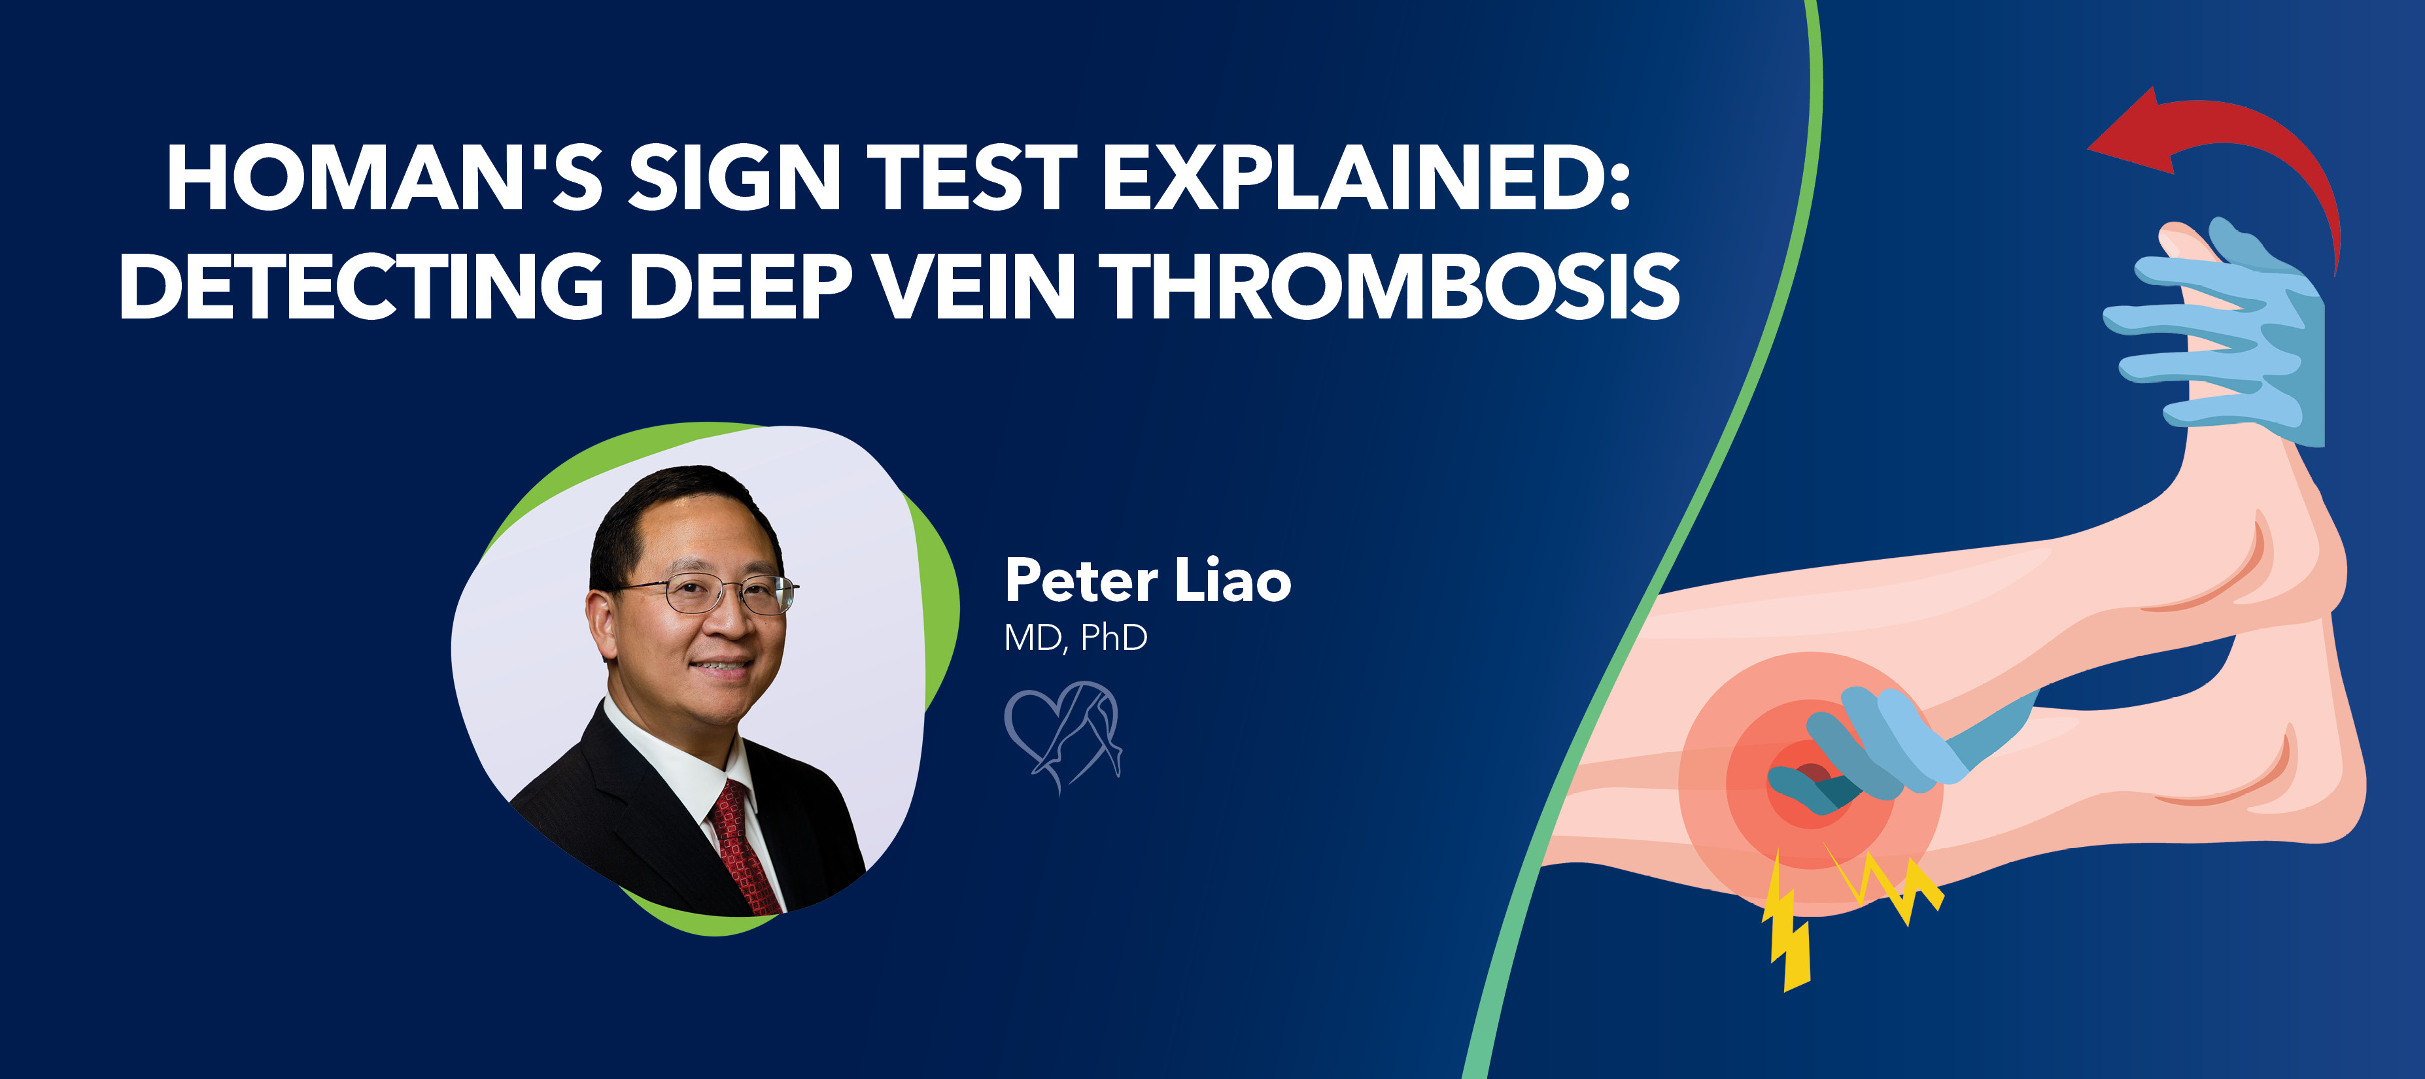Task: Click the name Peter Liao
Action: coord(1148,580)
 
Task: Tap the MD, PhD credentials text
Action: coord(1075,638)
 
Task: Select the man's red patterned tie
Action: coord(744,848)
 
